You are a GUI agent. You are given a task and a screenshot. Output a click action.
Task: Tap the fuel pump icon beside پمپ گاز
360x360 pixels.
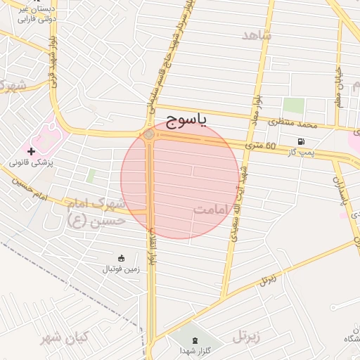point(302,141)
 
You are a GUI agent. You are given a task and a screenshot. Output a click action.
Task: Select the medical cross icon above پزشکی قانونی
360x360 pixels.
point(31,151)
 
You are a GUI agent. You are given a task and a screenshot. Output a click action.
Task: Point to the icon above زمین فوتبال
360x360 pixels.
point(122,257)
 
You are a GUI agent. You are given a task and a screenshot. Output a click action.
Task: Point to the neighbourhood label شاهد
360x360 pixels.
point(257,34)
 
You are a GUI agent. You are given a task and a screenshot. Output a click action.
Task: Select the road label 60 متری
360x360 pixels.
point(261,146)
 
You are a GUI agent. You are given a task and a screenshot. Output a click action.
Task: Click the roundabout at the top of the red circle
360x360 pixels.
point(149,135)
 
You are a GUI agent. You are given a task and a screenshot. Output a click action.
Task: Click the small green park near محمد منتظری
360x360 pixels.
point(293,106)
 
